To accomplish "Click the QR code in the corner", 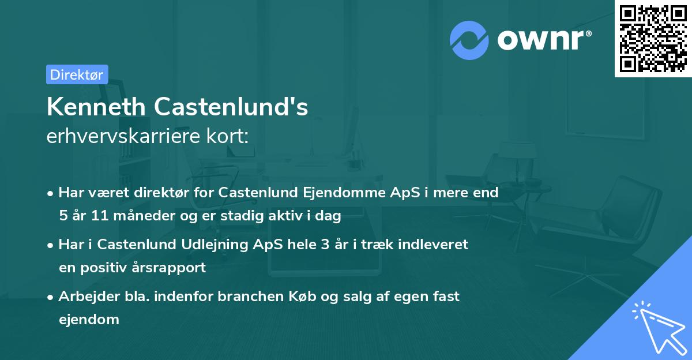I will (653, 38).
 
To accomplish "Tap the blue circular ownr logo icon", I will (469, 40).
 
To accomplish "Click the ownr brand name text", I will (543, 40).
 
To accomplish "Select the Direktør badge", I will (77, 74).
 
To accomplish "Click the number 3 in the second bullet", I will (330, 245).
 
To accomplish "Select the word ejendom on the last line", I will (89, 320).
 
